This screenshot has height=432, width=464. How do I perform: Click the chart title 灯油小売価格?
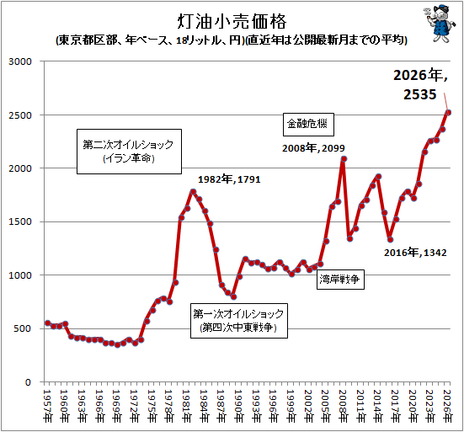232,22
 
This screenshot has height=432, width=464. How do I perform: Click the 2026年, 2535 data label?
420,84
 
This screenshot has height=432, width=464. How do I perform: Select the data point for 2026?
448,113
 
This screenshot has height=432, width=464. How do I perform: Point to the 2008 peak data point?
344,159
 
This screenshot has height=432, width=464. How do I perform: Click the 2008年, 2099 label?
313,148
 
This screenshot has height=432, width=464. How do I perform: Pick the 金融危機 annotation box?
308,125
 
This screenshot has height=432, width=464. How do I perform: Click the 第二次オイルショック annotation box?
129,152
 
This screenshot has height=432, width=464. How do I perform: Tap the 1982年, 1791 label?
229,179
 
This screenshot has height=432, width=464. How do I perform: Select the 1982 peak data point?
193,192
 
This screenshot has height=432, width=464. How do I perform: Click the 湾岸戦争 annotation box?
340,279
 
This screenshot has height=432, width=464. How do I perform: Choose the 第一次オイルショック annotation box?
239,321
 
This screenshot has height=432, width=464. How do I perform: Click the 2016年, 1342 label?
415,253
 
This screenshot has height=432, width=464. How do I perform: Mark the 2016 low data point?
391,239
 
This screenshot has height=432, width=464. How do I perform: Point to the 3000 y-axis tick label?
20,61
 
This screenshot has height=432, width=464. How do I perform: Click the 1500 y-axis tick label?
20,222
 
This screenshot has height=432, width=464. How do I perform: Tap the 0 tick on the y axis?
28,382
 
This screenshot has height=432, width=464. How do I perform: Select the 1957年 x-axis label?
47,406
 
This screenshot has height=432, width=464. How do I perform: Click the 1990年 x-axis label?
238,406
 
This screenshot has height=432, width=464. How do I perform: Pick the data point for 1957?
48,323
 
